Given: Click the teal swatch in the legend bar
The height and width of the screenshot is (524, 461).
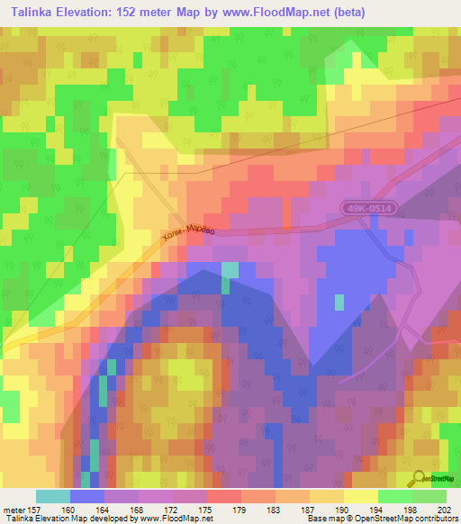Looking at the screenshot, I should click(53, 496).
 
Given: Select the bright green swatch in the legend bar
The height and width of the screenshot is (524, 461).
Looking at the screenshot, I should click(395, 496).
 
